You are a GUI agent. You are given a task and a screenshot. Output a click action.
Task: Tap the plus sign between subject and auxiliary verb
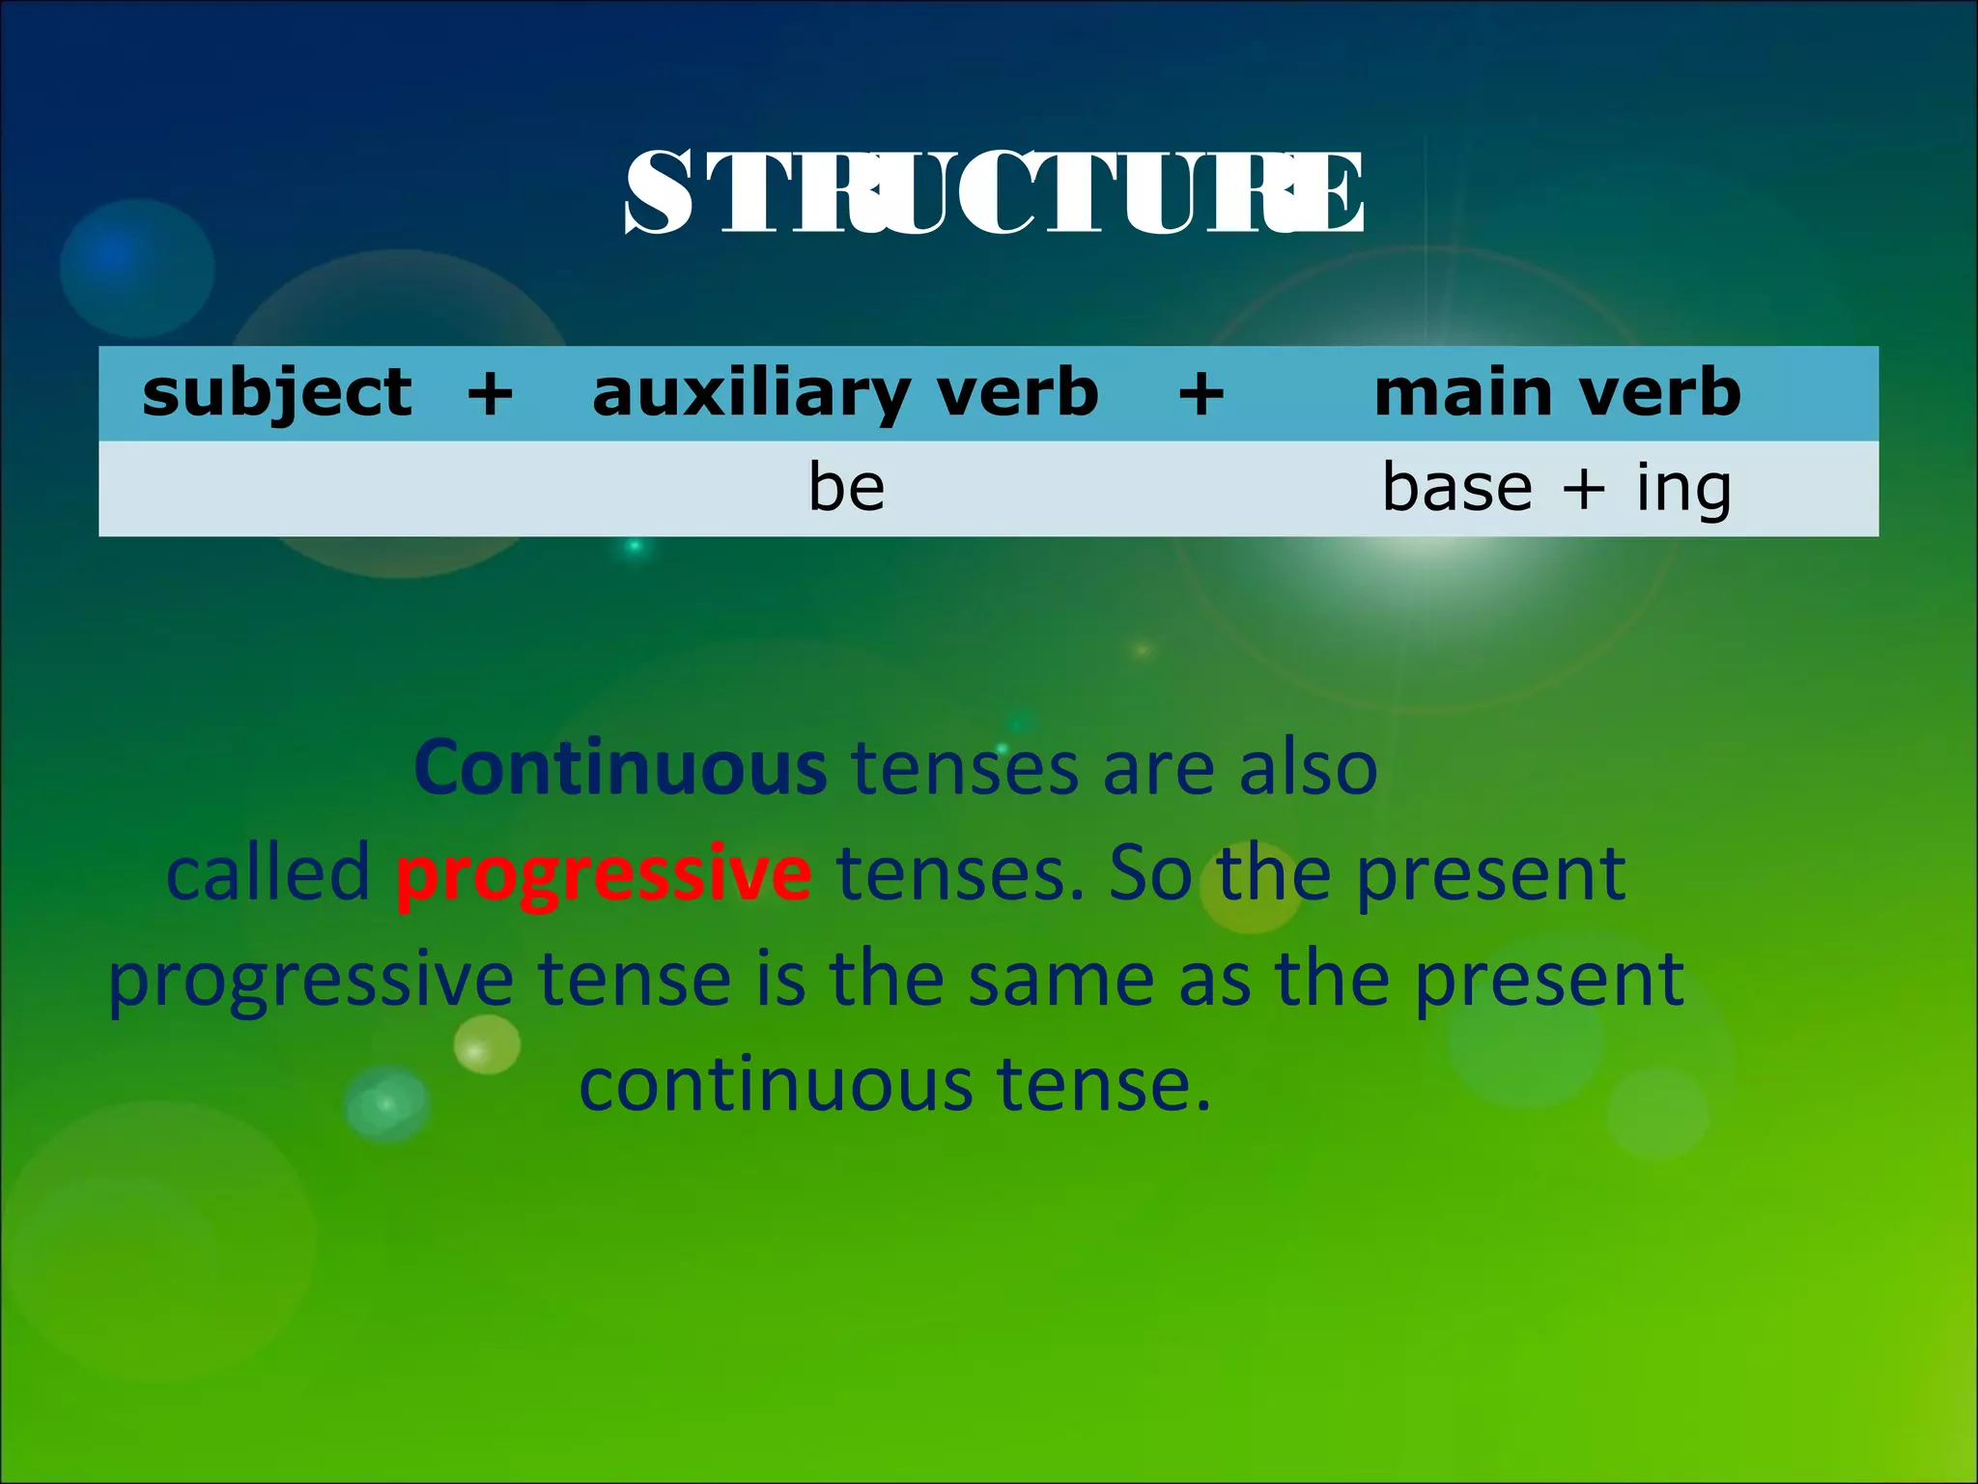490,393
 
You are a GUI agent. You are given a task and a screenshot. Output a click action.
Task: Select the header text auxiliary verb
845,393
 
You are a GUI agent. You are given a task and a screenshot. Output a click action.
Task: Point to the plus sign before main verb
1201,393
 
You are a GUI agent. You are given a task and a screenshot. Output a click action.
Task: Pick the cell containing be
846,488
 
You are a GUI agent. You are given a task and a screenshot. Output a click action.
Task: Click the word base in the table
1456,487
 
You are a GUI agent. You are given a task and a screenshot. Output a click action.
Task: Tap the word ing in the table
1682,489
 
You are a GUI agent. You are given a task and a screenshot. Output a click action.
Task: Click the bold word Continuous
620,768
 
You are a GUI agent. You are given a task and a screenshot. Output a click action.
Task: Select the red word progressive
604,873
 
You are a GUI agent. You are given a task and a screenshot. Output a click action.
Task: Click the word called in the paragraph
268,872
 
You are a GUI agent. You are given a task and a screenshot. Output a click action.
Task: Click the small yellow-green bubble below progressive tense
487,1044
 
